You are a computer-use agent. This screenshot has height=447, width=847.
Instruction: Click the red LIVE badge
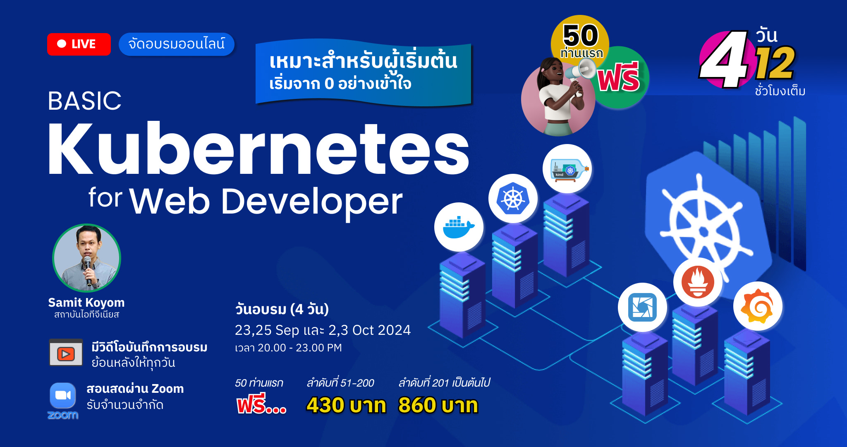tap(79, 44)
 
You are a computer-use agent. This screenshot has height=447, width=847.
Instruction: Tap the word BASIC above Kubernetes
tap(85, 101)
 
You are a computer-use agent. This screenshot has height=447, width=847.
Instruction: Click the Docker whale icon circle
tap(459, 227)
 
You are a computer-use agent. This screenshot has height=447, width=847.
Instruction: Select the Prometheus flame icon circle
tap(698, 282)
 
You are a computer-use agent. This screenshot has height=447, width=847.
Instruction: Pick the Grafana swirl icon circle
tap(758, 306)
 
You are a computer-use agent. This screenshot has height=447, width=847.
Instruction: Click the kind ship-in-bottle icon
tap(567, 168)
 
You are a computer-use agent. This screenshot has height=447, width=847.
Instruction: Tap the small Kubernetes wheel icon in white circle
tap(513, 198)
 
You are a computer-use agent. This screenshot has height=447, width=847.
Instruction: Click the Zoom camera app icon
tap(63, 396)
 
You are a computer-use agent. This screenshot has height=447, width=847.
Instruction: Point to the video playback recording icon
tap(66, 353)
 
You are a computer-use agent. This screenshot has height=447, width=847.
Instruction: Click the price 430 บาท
tap(346, 405)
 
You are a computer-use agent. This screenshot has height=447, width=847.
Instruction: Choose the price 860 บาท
tap(438, 405)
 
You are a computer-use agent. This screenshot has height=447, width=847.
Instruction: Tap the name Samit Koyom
tap(86, 303)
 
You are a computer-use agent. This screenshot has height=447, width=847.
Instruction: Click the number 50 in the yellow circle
tap(581, 35)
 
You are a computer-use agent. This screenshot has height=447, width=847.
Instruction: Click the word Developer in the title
tap(312, 202)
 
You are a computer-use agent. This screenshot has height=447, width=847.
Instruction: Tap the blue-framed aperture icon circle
tap(642, 307)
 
